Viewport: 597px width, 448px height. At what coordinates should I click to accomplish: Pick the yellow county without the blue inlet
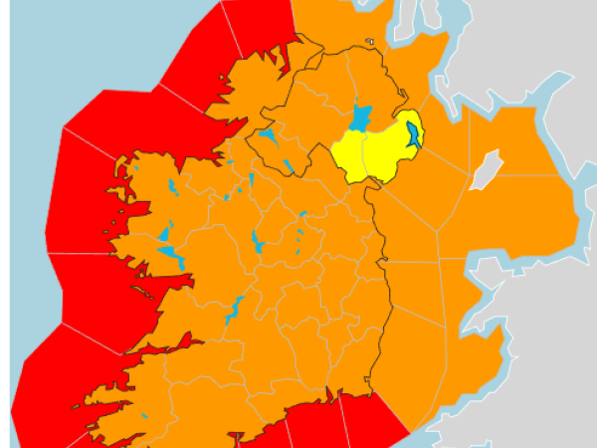point(347,154)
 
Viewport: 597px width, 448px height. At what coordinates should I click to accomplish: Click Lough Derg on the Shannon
point(235,308)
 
